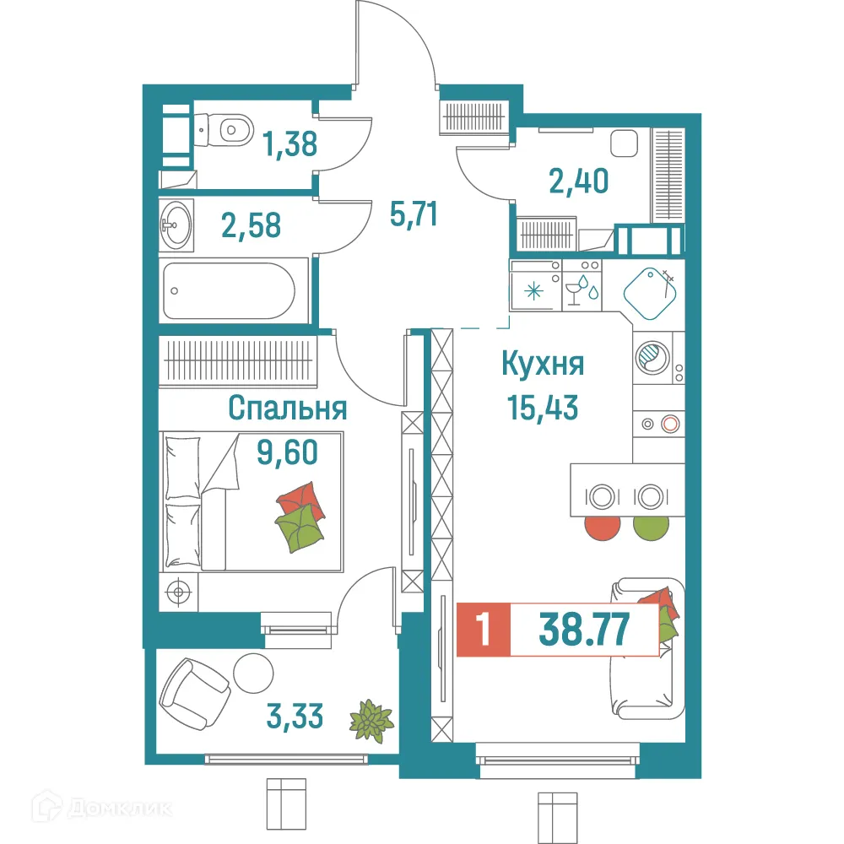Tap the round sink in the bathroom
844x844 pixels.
point(178,224)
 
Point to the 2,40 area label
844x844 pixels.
point(578,180)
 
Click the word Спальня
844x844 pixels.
point(288,408)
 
